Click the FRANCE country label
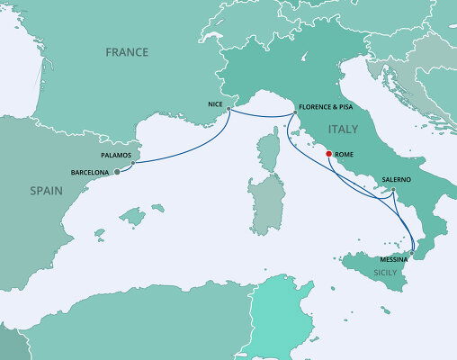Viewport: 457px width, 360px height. (126, 52)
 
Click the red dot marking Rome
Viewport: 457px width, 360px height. (328, 153)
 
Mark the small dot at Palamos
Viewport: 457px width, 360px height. (133, 163)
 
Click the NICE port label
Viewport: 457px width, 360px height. (215, 104)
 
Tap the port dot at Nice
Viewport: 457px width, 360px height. (228, 110)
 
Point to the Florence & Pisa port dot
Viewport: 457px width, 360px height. (294, 112)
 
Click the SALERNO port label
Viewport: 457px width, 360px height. (397, 179)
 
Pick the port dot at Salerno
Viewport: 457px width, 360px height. (393, 188)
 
